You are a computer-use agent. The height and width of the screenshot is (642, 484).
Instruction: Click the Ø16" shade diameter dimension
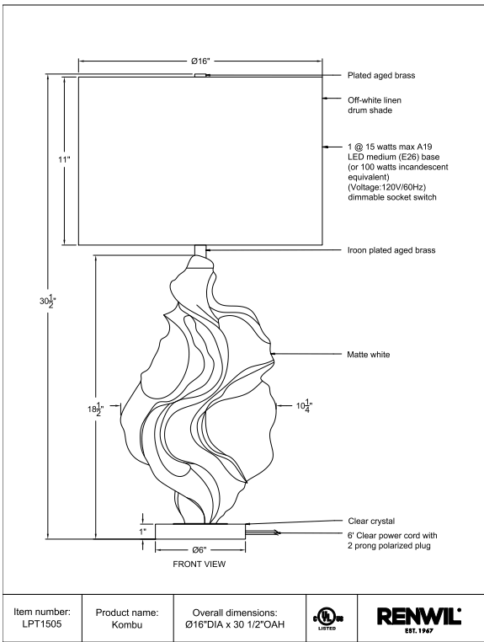point(200,61)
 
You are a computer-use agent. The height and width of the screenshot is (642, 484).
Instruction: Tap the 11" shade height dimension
point(64,159)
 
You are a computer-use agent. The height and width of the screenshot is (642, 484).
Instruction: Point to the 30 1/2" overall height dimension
point(47,301)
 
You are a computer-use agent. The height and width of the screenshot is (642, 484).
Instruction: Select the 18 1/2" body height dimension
point(95,409)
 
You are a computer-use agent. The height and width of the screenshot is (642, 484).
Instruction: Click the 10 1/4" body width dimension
point(305,406)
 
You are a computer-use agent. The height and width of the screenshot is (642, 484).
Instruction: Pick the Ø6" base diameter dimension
point(199,550)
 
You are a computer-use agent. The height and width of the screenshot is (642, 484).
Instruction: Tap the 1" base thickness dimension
point(143,532)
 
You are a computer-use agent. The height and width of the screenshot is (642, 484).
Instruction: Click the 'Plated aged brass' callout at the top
point(381,75)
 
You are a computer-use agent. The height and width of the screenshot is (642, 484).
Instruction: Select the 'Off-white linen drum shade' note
point(375,105)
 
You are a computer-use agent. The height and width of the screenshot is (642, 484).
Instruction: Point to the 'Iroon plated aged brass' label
point(391,250)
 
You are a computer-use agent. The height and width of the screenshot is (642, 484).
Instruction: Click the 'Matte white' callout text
point(368,355)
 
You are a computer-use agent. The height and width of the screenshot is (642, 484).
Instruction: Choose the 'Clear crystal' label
point(371,522)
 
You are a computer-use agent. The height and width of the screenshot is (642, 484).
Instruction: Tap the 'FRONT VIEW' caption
point(199,564)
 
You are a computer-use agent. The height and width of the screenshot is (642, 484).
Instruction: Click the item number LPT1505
point(42,625)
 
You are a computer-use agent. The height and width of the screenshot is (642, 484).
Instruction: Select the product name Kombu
point(127,625)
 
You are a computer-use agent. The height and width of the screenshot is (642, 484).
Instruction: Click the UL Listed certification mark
point(327,618)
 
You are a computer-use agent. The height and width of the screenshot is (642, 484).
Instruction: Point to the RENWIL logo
point(418,618)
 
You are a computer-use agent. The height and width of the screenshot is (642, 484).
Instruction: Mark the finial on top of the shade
point(201,75)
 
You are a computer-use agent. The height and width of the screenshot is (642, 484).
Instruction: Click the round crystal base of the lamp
point(200,531)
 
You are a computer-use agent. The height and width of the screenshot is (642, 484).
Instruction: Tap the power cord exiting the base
point(263,532)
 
